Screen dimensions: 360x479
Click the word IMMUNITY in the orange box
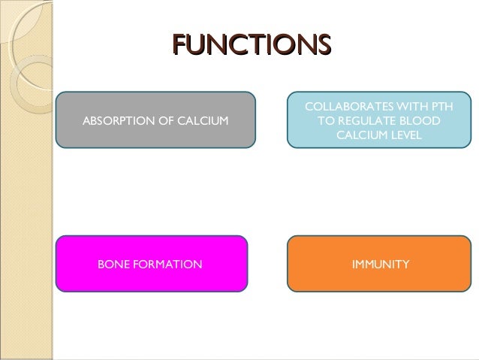tap(381, 264)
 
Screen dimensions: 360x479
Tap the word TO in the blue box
tap(327, 121)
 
